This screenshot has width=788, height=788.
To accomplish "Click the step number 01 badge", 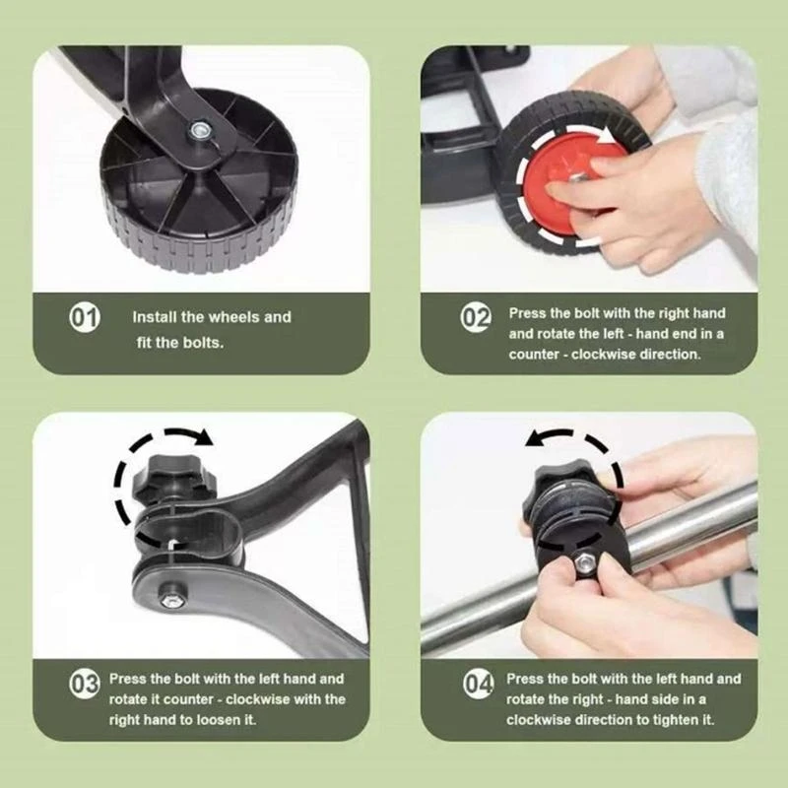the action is pyautogui.click(x=85, y=317).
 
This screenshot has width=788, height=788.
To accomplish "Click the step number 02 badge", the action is pyautogui.click(x=476, y=317).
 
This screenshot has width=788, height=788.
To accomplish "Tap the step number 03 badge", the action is pyautogui.click(x=85, y=684).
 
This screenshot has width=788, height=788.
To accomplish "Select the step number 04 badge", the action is pyautogui.click(x=479, y=684).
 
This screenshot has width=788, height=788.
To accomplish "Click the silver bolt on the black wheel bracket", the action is pyautogui.click(x=199, y=130).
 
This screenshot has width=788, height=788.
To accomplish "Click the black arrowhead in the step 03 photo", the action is pyautogui.click(x=204, y=436).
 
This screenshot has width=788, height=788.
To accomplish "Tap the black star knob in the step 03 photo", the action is pyautogui.click(x=174, y=479).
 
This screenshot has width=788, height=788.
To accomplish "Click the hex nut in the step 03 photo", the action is pyautogui.click(x=168, y=600).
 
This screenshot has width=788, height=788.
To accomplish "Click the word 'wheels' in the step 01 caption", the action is pyautogui.click(x=233, y=317).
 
